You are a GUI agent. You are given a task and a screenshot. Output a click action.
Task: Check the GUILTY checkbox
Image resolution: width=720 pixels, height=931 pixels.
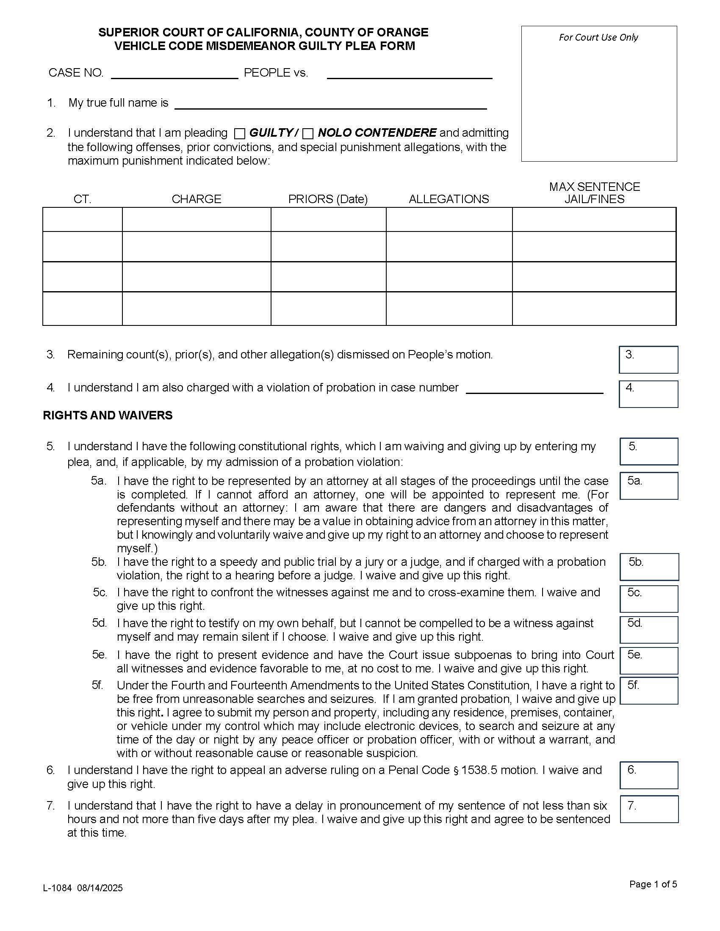240,134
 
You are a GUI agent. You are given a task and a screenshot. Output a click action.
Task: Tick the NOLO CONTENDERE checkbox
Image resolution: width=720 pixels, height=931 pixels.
307,134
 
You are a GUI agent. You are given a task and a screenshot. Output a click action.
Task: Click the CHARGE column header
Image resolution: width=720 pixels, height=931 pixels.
196,199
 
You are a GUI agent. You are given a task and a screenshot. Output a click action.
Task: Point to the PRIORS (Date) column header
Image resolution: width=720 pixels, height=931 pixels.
327,199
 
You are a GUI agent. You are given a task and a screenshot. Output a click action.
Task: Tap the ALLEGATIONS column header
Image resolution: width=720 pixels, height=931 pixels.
449,199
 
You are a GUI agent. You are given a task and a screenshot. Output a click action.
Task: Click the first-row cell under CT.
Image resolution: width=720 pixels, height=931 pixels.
82,220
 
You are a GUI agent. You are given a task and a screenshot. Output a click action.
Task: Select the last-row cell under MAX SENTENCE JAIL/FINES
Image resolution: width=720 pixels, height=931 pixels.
594,308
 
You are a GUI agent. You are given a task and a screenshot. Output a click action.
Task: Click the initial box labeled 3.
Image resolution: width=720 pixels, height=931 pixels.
648,360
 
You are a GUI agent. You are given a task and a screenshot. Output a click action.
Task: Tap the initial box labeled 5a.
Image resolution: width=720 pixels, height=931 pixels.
648,485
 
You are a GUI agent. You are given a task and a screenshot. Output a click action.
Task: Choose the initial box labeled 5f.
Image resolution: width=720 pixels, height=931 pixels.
648,690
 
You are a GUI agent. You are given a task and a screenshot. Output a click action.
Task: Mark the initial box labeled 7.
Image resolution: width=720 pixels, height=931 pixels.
648,809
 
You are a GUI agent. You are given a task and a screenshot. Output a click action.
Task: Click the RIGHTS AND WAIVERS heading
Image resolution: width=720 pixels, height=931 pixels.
108,415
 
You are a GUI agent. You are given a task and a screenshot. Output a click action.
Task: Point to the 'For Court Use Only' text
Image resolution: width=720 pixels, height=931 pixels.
598,38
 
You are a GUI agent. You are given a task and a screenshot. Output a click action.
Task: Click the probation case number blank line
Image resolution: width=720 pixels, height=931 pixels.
534,389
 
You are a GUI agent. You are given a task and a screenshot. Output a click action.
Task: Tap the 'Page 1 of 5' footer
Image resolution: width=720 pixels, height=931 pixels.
653,884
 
